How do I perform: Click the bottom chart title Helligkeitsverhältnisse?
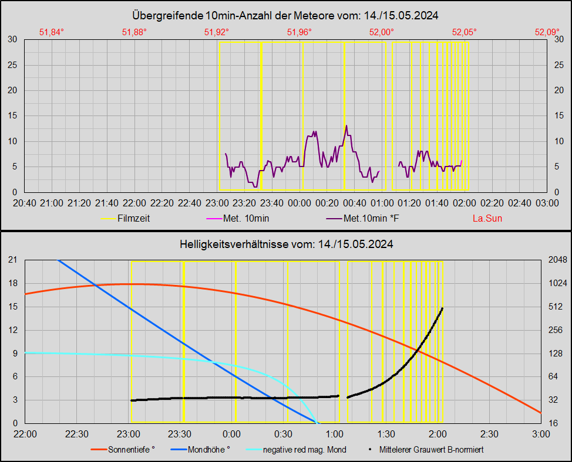click(x=286, y=244)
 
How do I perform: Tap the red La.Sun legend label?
click(x=487, y=219)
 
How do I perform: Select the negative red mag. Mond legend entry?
click(x=304, y=450)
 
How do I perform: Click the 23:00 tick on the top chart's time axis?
click(x=217, y=203)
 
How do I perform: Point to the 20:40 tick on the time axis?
click(x=24, y=203)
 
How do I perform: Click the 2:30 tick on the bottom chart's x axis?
click(x=489, y=434)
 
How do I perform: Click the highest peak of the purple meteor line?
click(x=346, y=125)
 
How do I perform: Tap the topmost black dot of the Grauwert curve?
click(x=442, y=308)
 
